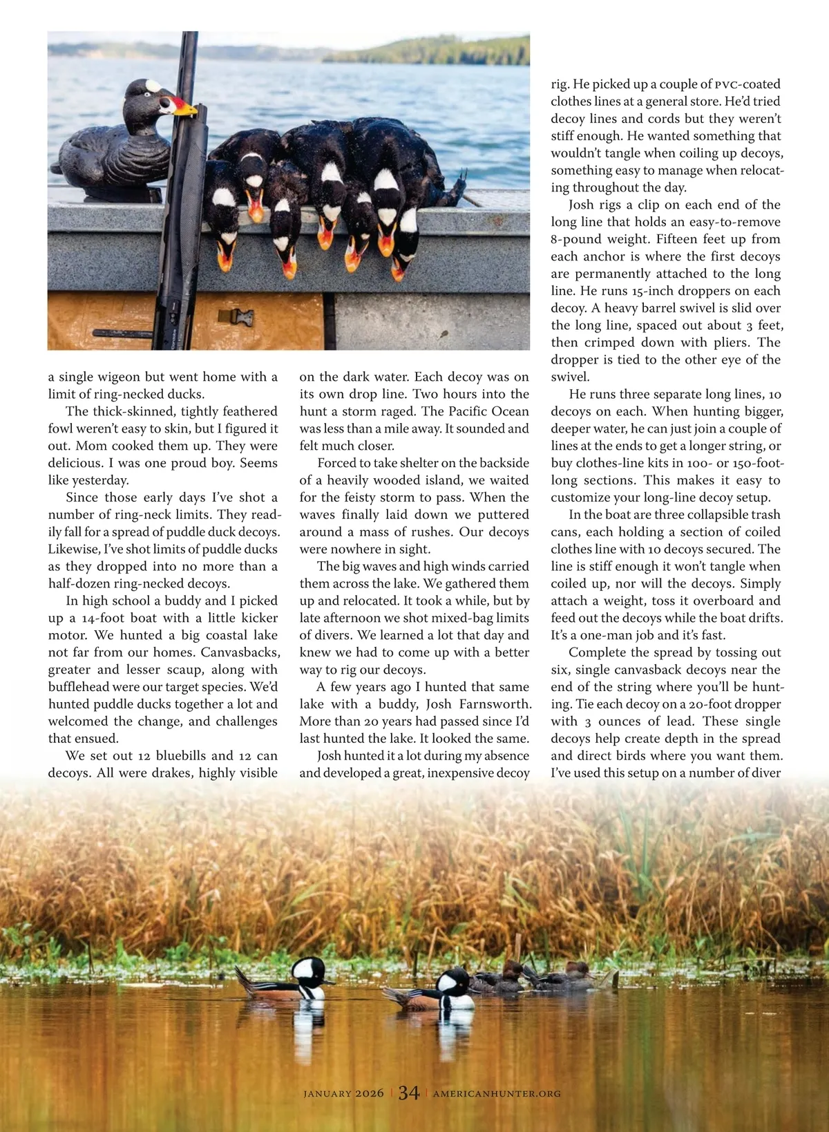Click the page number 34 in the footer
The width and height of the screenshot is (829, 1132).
(x=408, y=1093)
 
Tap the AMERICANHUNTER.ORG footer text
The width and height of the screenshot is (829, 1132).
(x=497, y=1093)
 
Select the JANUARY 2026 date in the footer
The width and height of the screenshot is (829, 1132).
(x=343, y=1093)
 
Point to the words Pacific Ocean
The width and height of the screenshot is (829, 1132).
(x=488, y=411)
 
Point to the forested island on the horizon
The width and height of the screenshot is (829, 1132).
(x=442, y=50)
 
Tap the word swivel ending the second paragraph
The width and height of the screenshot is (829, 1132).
(x=570, y=377)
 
